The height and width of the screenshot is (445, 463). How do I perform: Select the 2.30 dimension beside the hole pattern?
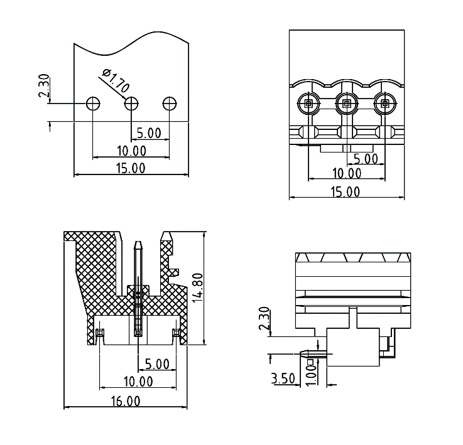point(45,87)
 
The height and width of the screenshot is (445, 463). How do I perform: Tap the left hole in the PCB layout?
point(93,103)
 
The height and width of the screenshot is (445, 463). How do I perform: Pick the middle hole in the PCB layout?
point(131,103)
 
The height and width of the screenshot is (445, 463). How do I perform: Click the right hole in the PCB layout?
point(169,103)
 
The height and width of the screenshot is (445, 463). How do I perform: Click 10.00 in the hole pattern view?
point(131,151)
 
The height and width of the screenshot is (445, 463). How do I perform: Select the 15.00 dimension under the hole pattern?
point(131,168)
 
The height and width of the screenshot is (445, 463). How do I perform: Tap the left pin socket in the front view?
point(308,103)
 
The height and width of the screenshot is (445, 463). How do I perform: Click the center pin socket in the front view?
point(346,103)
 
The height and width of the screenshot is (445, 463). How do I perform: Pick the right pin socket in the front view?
point(384,103)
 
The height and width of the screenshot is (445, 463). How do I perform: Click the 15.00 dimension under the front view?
point(346,192)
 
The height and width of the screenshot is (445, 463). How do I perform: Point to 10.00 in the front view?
point(346,173)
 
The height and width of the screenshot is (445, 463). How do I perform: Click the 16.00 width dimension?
point(126,401)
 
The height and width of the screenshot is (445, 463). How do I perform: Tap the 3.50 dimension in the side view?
point(283,378)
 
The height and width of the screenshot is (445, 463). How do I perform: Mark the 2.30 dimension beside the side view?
point(264,319)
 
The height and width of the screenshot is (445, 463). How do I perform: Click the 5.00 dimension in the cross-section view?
point(156,363)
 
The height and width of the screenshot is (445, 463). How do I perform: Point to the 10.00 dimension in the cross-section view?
point(138,380)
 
